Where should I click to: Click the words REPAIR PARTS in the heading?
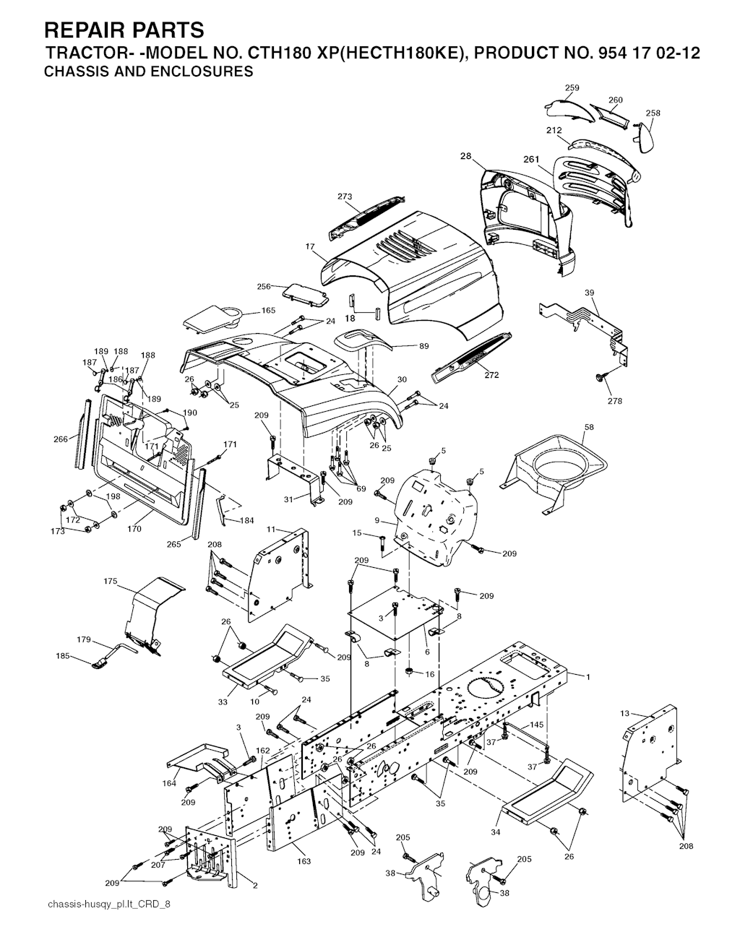point(124,30)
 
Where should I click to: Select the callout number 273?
point(345,197)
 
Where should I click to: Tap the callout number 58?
point(589,428)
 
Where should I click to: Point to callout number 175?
point(111,581)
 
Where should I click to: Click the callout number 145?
point(537,725)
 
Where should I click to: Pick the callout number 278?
point(615,402)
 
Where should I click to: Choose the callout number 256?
point(264,286)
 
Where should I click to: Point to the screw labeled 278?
point(601,377)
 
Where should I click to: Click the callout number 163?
point(304,860)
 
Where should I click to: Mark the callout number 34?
point(496,832)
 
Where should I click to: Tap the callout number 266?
point(61,439)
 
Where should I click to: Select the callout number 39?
point(589,293)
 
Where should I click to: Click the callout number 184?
point(246,521)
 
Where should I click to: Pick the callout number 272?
point(491,375)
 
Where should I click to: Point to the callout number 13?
point(624,713)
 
